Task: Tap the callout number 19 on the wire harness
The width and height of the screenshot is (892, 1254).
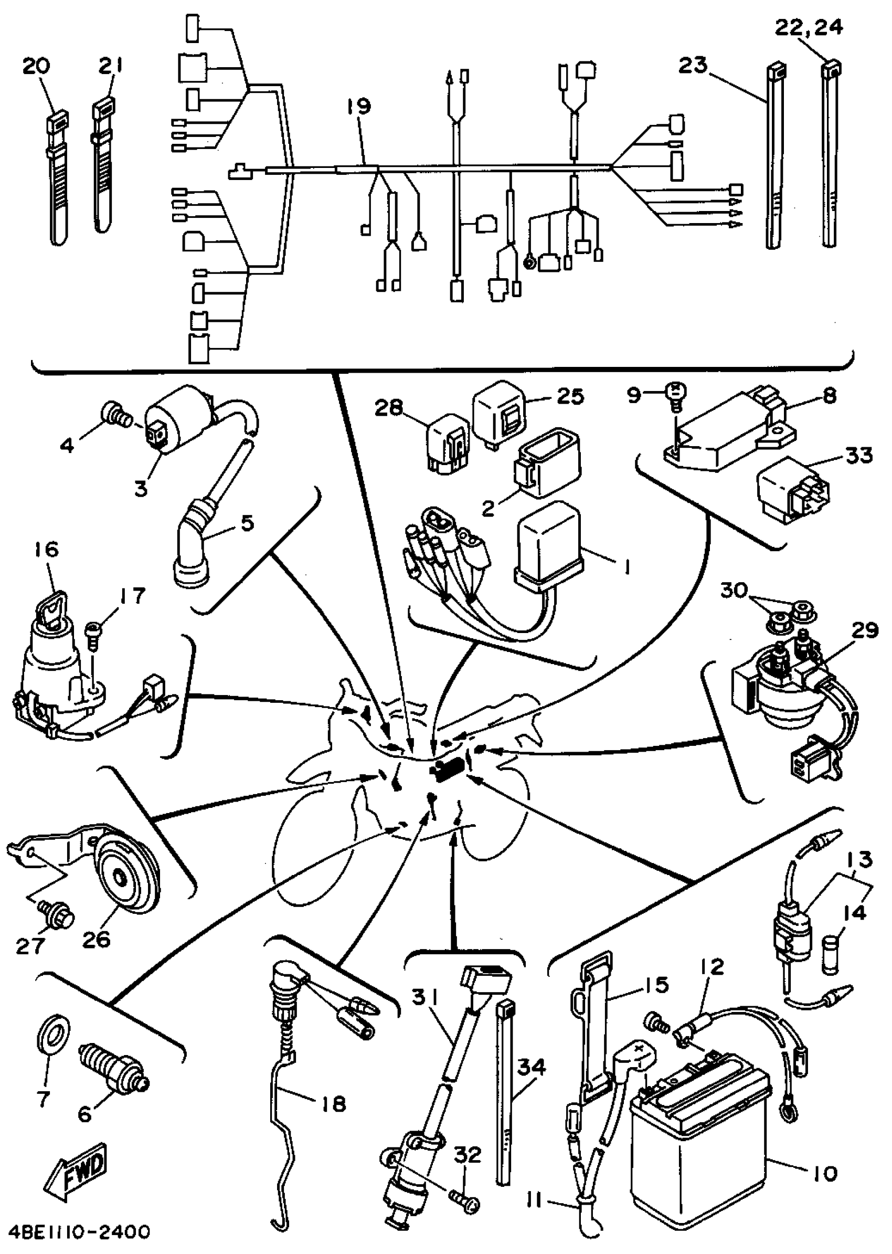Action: [x=358, y=106]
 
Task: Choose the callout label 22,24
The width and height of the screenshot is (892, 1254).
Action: [x=809, y=27]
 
